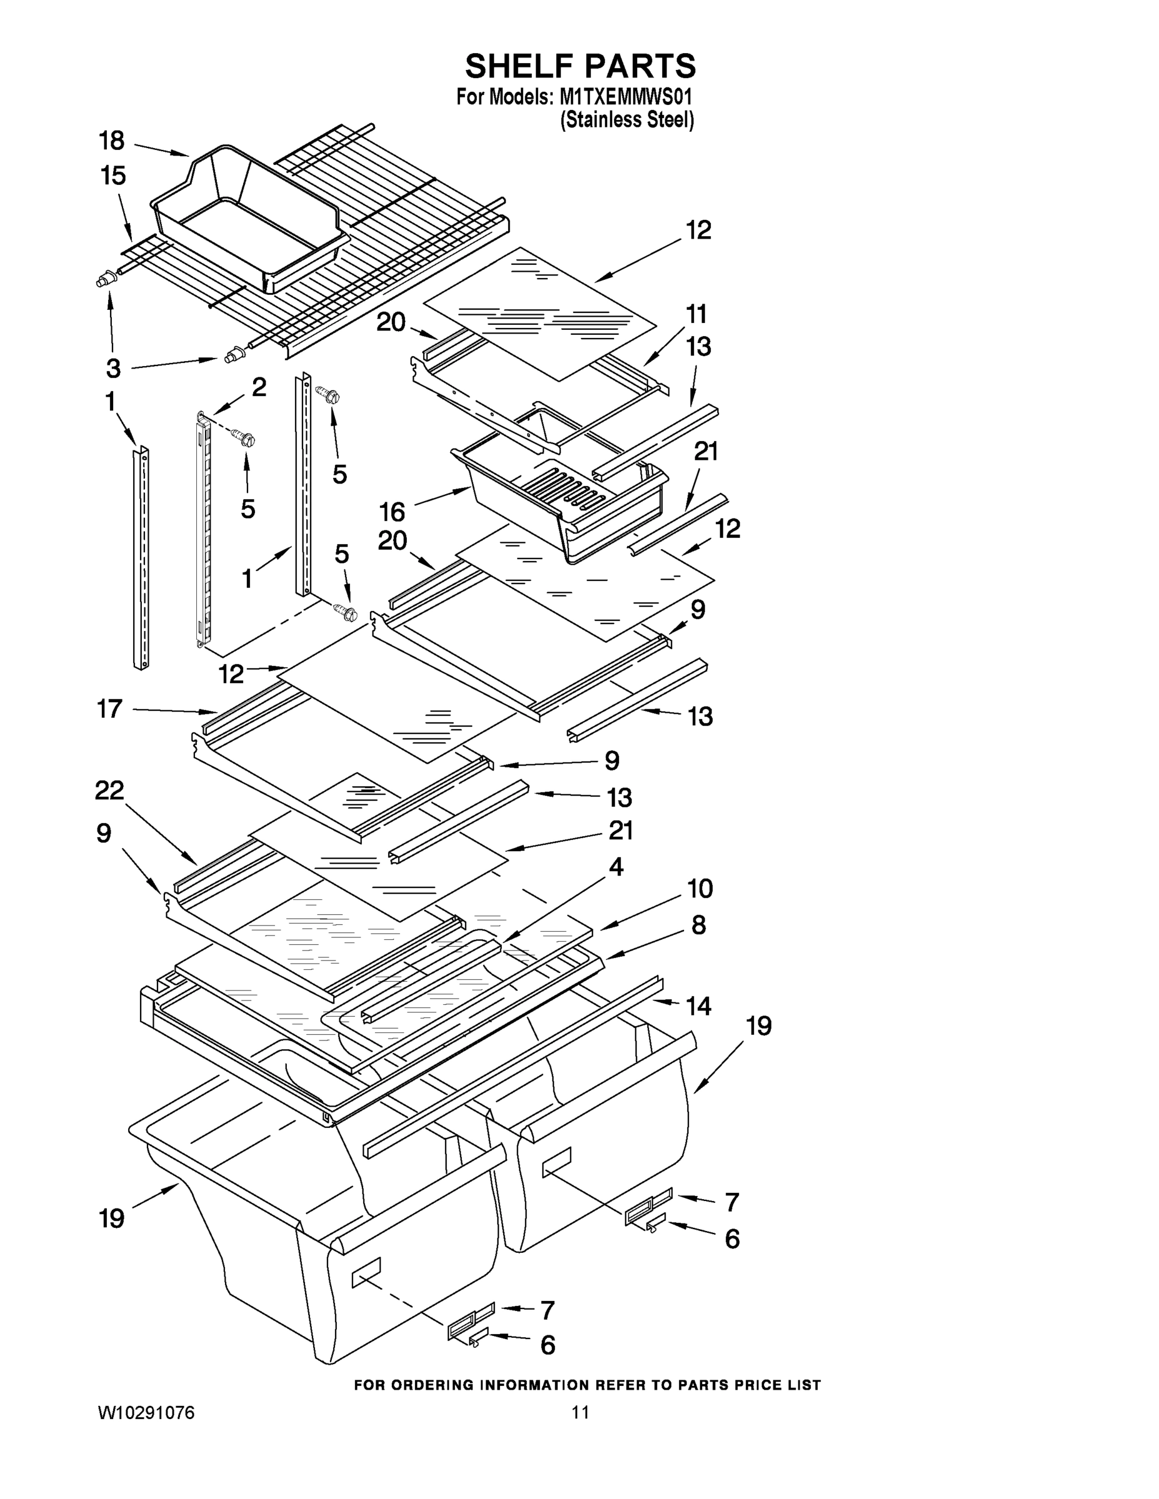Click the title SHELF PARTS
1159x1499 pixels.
point(580,67)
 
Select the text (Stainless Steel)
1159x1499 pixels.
point(627,120)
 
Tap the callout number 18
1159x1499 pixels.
point(111,141)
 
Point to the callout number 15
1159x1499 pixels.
point(113,176)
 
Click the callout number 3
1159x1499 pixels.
point(113,369)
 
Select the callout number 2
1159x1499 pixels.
point(258,388)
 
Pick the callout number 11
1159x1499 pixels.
point(696,314)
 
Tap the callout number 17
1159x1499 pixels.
point(109,708)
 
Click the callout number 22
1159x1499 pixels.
point(109,791)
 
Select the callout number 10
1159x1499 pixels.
point(700,889)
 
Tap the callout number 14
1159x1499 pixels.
point(699,1006)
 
